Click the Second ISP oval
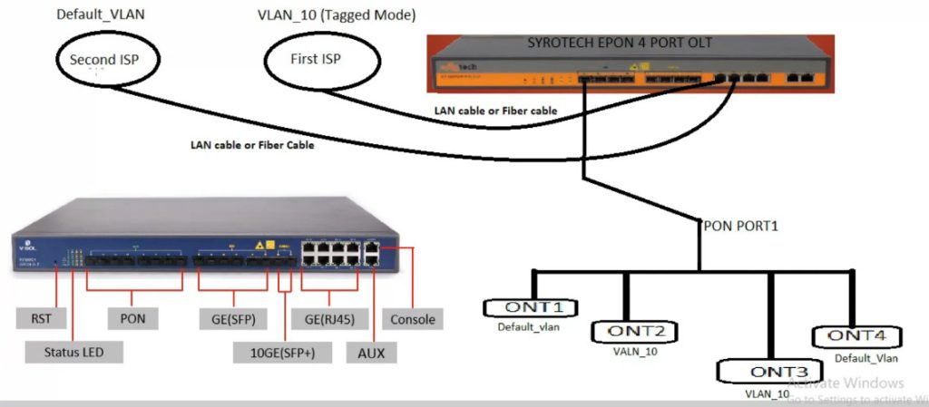106,61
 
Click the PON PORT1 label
739,224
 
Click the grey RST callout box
40,318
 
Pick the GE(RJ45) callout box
325,318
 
